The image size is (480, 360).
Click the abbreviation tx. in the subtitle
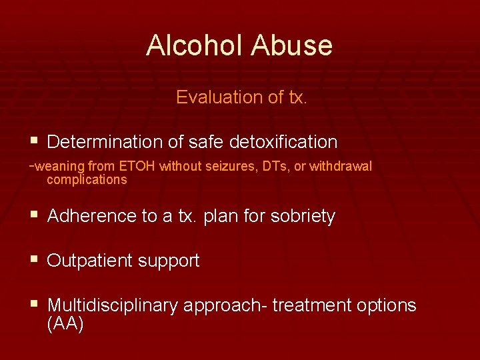(295, 97)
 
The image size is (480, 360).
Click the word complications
(87, 180)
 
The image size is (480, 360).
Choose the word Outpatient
(91, 261)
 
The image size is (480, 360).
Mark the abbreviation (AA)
(65, 325)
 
